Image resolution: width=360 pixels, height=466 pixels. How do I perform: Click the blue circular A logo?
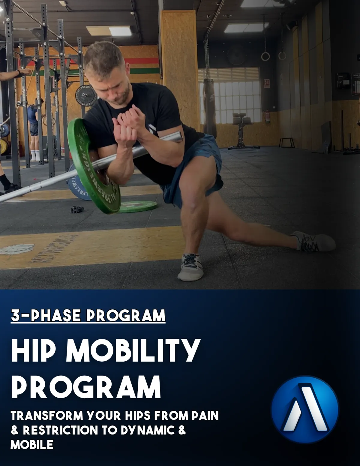tap(305, 409)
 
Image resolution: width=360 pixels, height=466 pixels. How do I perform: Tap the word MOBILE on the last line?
tap(32, 444)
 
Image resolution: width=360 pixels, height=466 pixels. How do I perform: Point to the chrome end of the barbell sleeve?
tap(177, 137)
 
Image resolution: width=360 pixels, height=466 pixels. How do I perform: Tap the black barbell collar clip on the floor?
tap(77, 209)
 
